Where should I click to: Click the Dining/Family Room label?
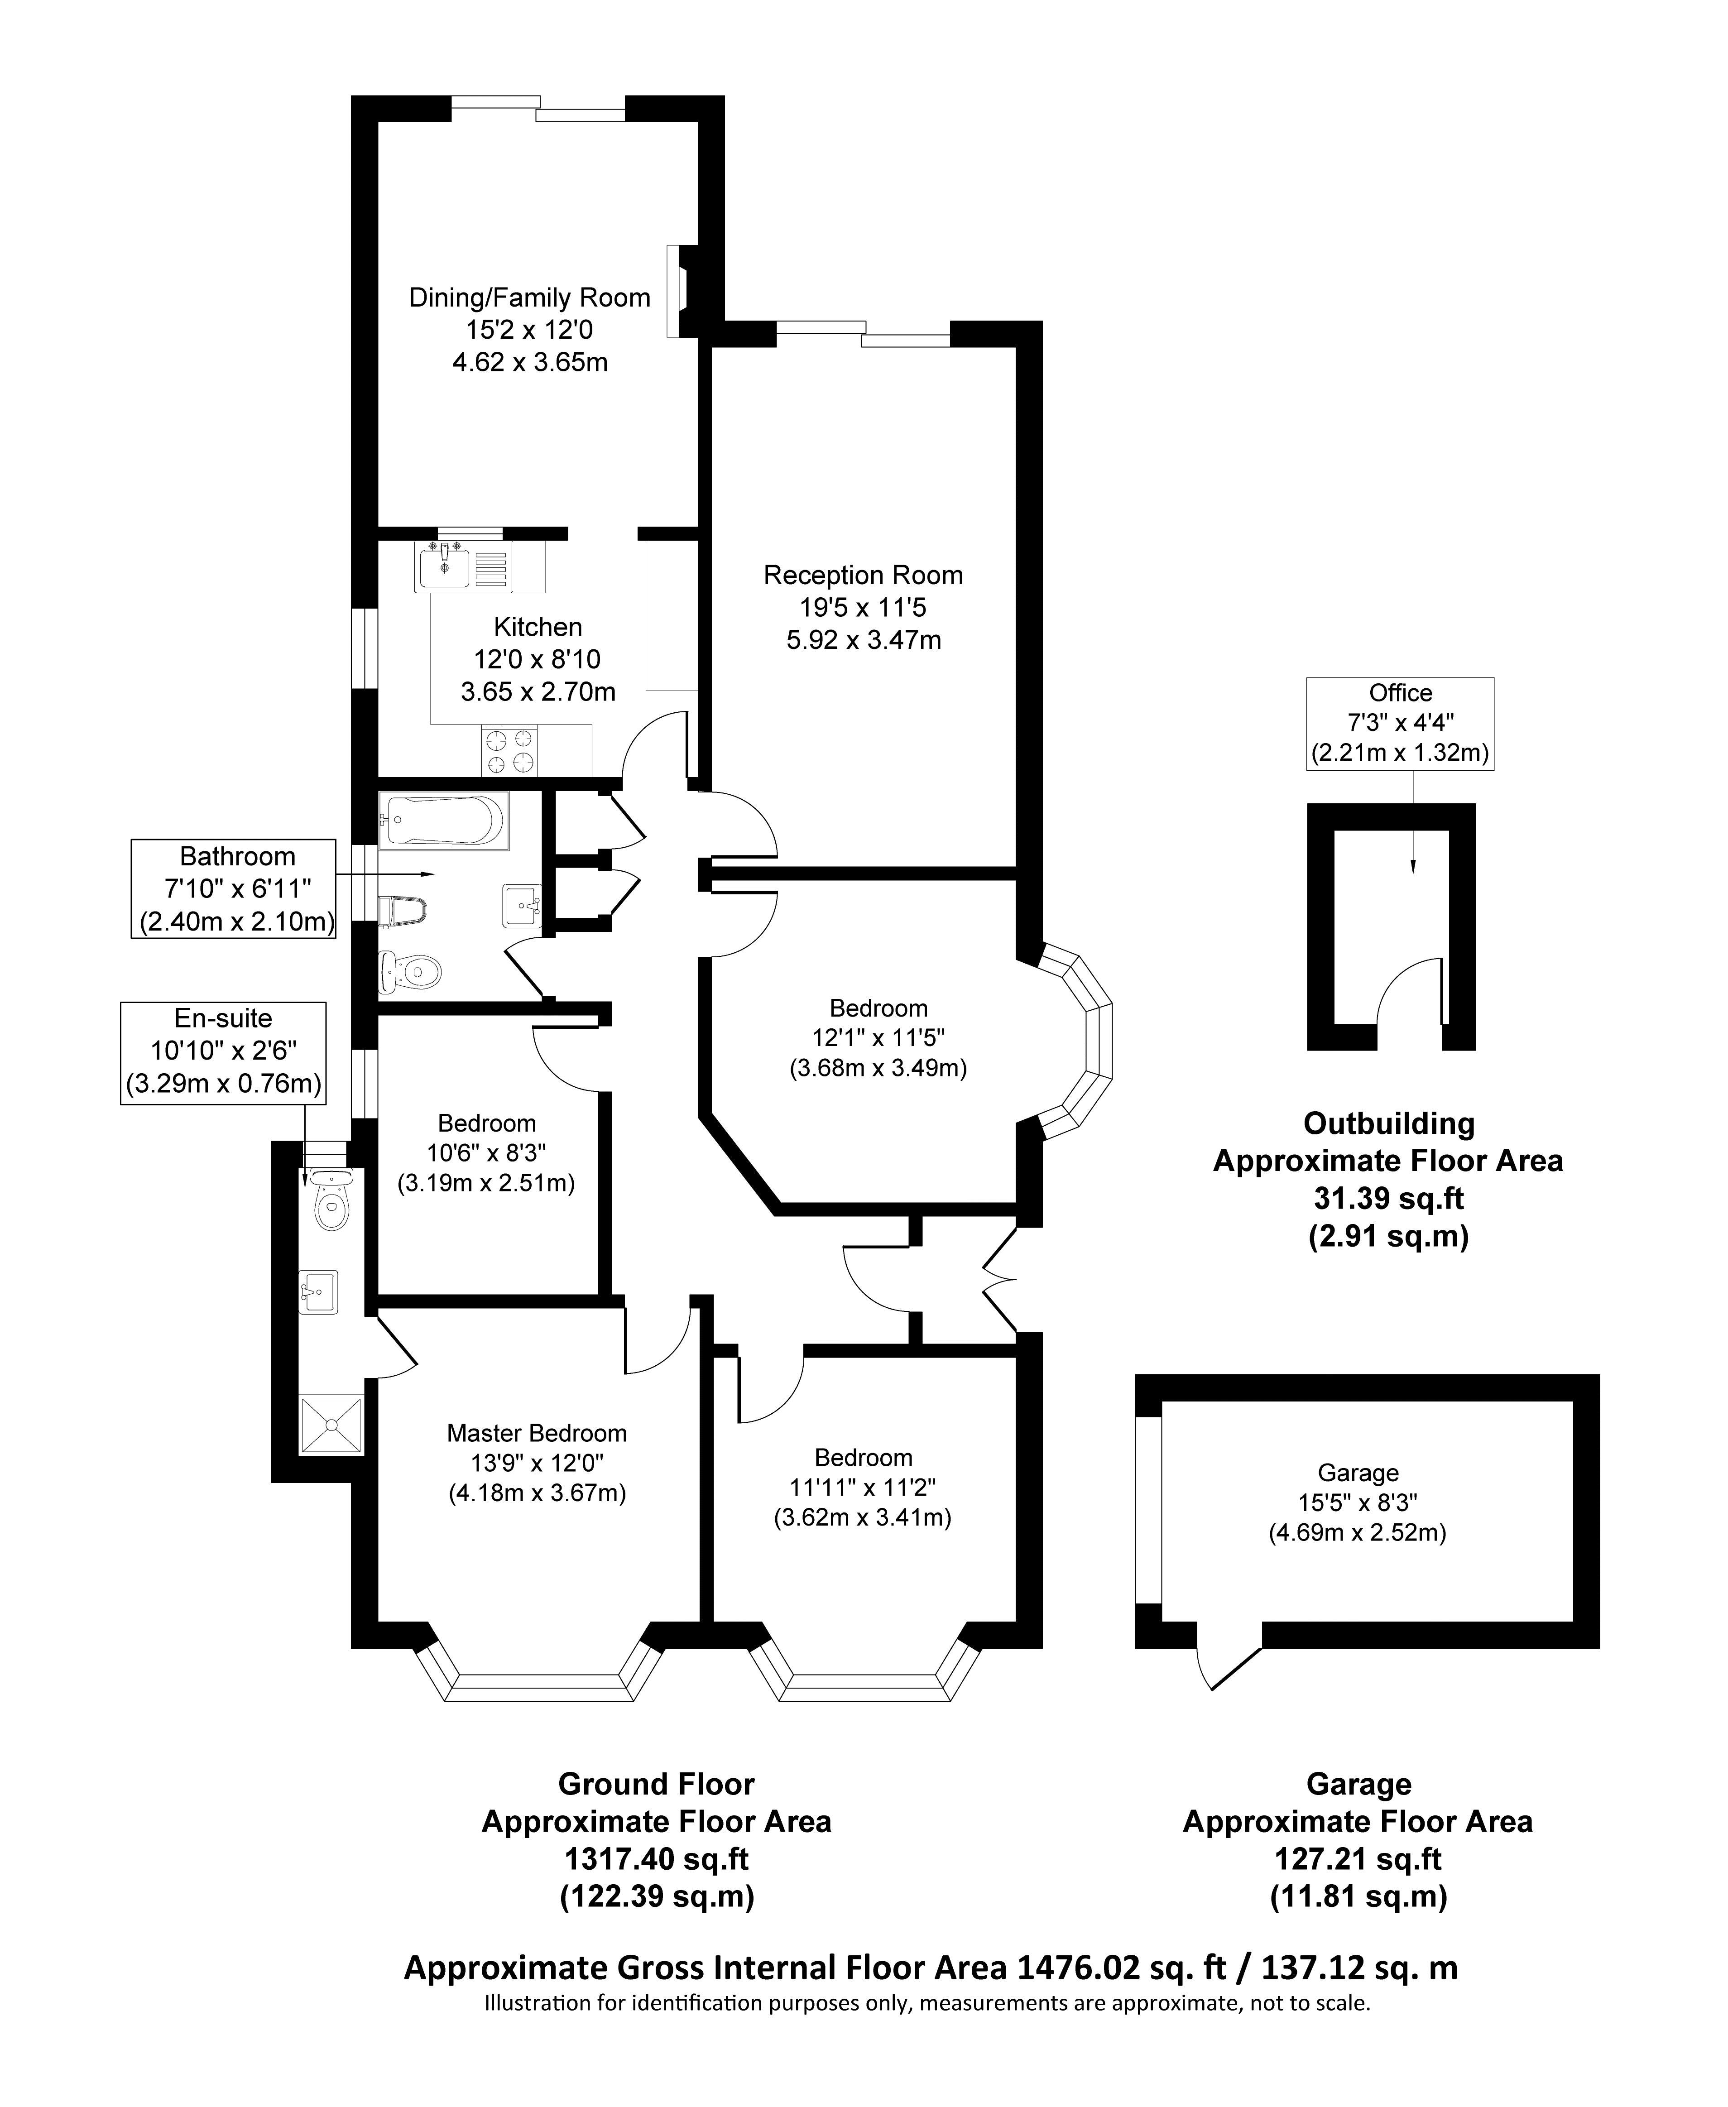pos(529,298)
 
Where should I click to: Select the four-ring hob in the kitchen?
pos(509,750)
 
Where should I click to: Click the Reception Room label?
pos(863,575)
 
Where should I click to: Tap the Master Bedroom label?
pos(537,1433)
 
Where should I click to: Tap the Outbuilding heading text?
pos(1388,1123)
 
